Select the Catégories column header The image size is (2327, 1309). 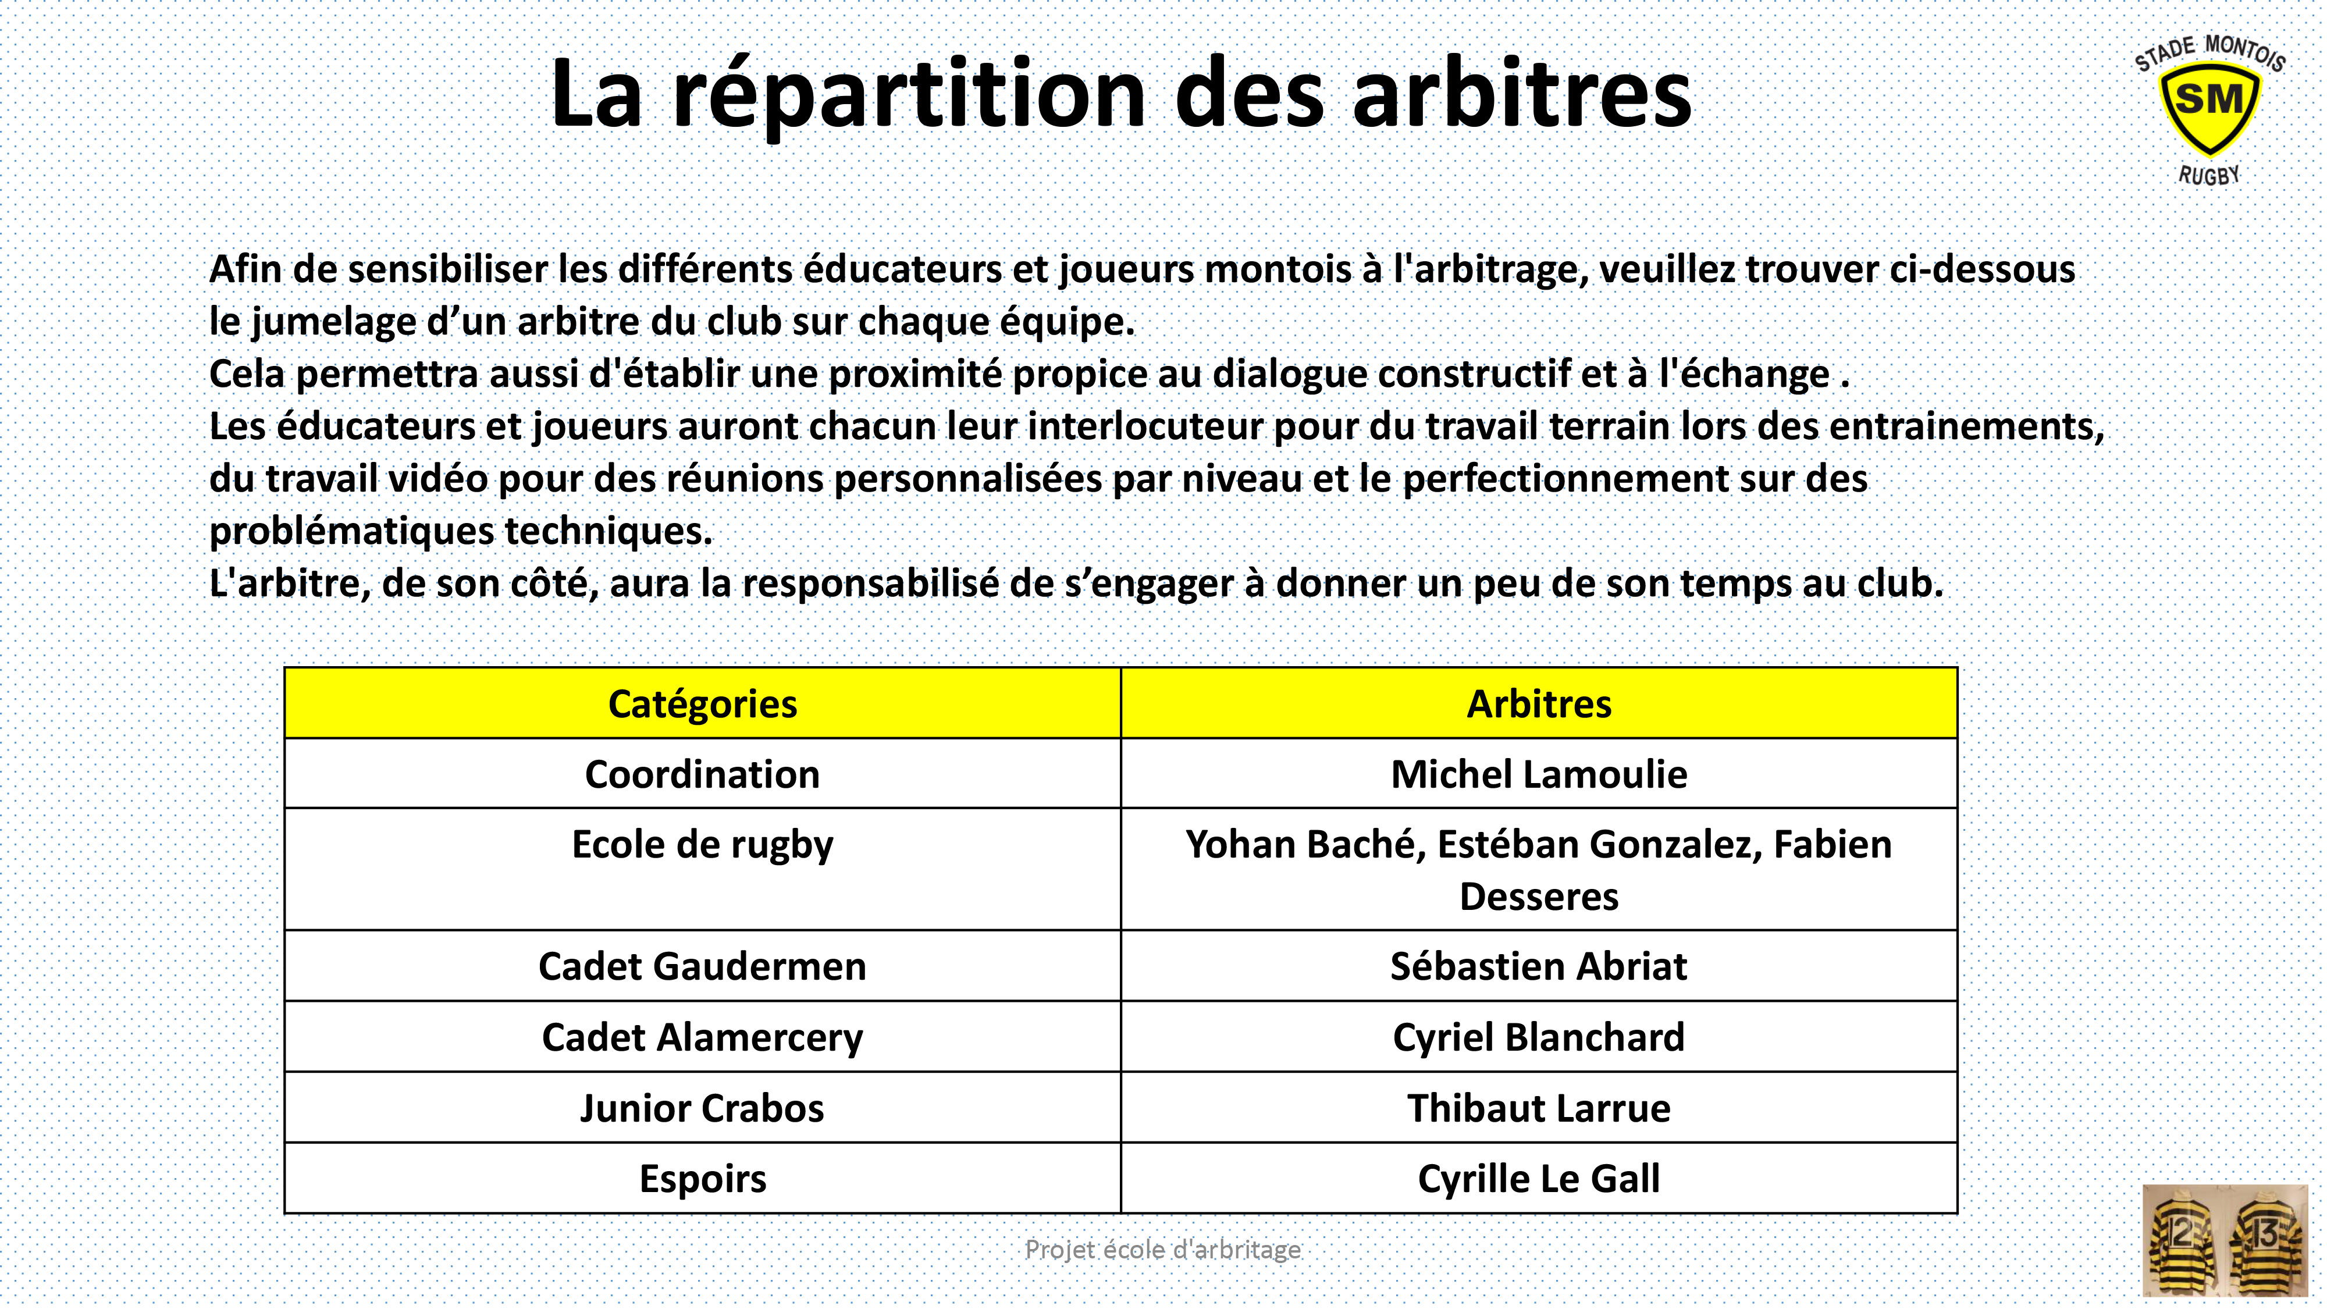(x=703, y=704)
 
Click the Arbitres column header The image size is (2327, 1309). (x=1539, y=704)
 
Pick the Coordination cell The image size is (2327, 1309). (x=703, y=774)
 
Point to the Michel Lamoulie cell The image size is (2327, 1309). (x=1539, y=774)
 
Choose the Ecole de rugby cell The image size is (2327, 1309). (x=703, y=870)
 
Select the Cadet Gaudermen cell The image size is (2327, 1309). (x=703, y=966)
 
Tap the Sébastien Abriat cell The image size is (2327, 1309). (x=1539, y=966)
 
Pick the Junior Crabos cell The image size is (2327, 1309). (x=703, y=1108)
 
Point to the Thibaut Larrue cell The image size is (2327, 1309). (x=1539, y=1108)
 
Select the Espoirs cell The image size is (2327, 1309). (x=703, y=1179)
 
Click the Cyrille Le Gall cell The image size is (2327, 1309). (x=1539, y=1179)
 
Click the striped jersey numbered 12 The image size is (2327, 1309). (x=2182, y=1239)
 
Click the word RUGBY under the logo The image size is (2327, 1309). (x=2209, y=175)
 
